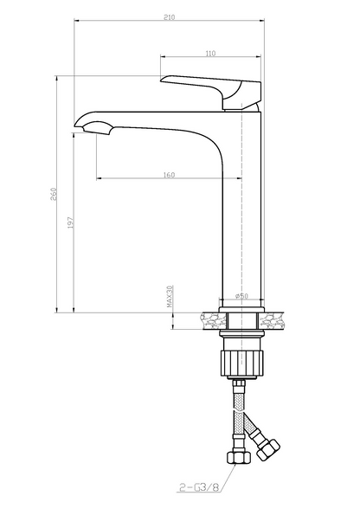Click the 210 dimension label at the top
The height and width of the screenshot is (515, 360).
click(x=169, y=17)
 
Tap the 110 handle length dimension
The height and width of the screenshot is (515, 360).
click(x=210, y=53)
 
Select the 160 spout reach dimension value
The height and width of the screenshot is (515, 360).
click(x=169, y=175)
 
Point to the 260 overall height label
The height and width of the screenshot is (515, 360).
click(x=54, y=194)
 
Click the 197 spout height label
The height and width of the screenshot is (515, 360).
click(x=71, y=222)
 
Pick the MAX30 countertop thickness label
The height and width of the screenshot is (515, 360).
click(x=170, y=297)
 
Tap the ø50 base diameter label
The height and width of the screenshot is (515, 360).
click(x=241, y=296)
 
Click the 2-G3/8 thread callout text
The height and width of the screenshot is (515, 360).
click(x=199, y=487)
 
